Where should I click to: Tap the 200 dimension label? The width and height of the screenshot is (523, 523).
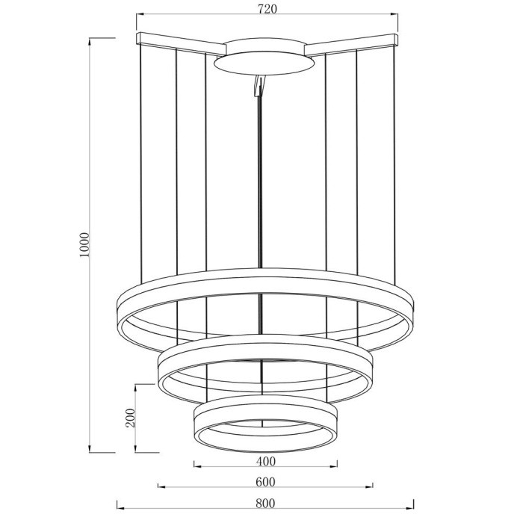(130, 418)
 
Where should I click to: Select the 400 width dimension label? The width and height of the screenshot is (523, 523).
(266, 460)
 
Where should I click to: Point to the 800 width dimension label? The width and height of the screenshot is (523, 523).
(265, 502)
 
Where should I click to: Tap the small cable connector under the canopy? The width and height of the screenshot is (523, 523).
(259, 87)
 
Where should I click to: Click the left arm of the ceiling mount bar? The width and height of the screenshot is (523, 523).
(179, 42)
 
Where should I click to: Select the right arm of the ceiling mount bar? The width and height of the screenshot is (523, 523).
(351, 42)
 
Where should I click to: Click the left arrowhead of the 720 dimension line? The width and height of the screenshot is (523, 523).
(140, 16)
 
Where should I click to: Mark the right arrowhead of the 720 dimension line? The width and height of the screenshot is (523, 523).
(397, 16)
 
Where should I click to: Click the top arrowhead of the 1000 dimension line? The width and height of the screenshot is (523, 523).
(92, 40)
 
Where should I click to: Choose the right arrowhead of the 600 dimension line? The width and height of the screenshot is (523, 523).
(371, 487)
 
